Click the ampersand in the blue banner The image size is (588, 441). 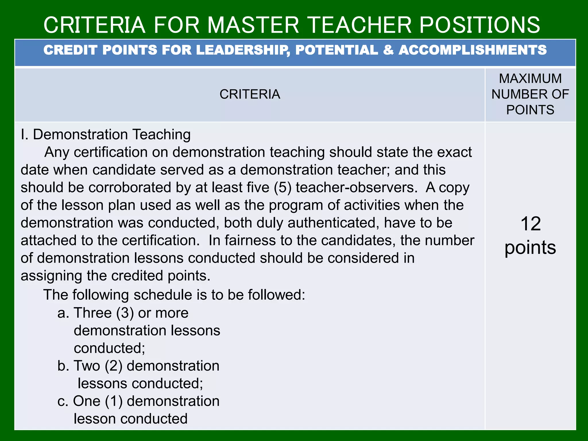tap(388, 50)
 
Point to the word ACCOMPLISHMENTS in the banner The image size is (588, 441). tap(473, 50)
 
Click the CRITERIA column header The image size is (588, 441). tap(250, 94)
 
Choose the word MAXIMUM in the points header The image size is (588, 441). tap(530, 79)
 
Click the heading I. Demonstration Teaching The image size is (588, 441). tap(106, 135)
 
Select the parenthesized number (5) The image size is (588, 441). tap(283, 187)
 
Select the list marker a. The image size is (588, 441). tap(63, 313)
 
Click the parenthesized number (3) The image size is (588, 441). tap(125, 313)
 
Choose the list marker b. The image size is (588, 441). tap(63, 366)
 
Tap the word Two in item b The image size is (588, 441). tap(87, 366)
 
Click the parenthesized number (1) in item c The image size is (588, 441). tap(114, 401)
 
